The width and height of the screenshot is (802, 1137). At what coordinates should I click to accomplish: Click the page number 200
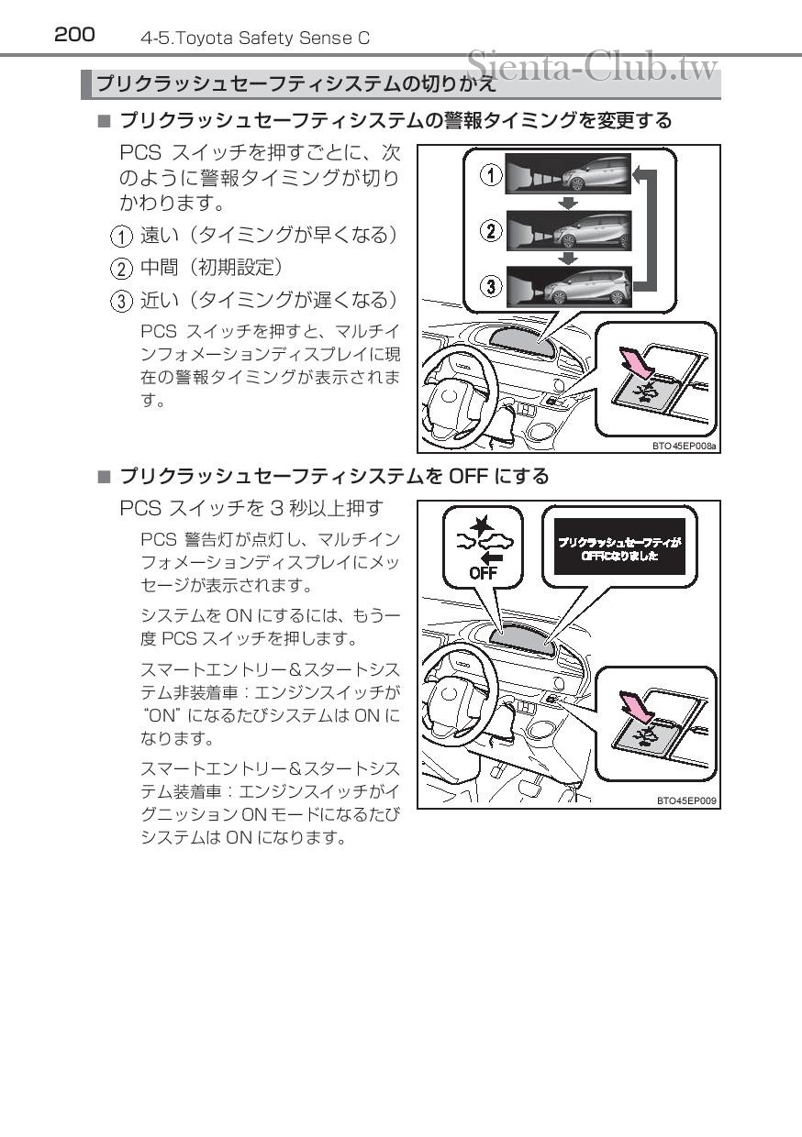click(74, 35)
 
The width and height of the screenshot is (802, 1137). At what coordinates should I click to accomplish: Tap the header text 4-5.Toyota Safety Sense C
click(255, 39)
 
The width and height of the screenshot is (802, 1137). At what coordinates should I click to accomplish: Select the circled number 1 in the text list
click(121, 237)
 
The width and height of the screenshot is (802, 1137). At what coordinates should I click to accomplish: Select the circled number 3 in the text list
click(121, 301)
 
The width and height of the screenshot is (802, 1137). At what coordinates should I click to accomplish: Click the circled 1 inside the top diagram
click(493, 174)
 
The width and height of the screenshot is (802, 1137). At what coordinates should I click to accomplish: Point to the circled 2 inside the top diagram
click(493, 230)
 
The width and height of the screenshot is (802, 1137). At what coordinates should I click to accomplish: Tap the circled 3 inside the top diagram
click(493, 287)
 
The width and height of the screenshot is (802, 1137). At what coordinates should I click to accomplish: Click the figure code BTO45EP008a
click(685, 446)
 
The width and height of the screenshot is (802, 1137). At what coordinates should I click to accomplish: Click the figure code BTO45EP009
click(687, 800)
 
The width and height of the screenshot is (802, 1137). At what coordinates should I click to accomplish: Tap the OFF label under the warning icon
click(483, 573)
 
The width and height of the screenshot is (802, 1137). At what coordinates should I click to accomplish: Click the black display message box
click(619, 547)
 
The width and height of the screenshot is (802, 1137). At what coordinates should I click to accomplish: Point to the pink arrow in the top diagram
click(637, 361)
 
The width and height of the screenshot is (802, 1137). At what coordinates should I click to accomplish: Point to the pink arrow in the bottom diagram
click(637, 707)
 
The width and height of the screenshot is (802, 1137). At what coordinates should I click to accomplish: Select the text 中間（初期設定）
click(211, 268)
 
